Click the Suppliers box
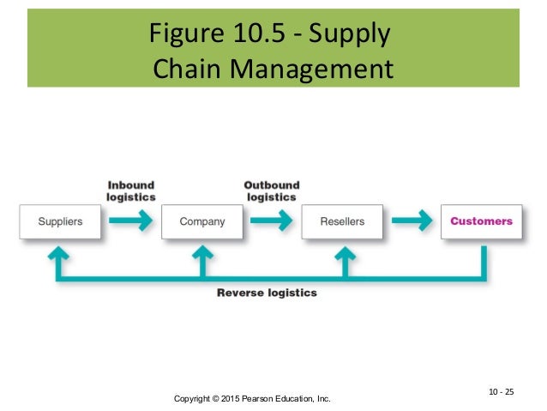point(60,221)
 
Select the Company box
point(202,221)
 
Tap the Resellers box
point(342,221)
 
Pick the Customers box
point(481,221)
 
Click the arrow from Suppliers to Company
point(131,221)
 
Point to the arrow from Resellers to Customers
point(412,221)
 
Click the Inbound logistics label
point(130,190)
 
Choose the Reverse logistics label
point(267,293)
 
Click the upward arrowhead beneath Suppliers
point(61,252)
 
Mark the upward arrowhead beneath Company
point(202,252)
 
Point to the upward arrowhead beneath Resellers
point(343,252)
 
